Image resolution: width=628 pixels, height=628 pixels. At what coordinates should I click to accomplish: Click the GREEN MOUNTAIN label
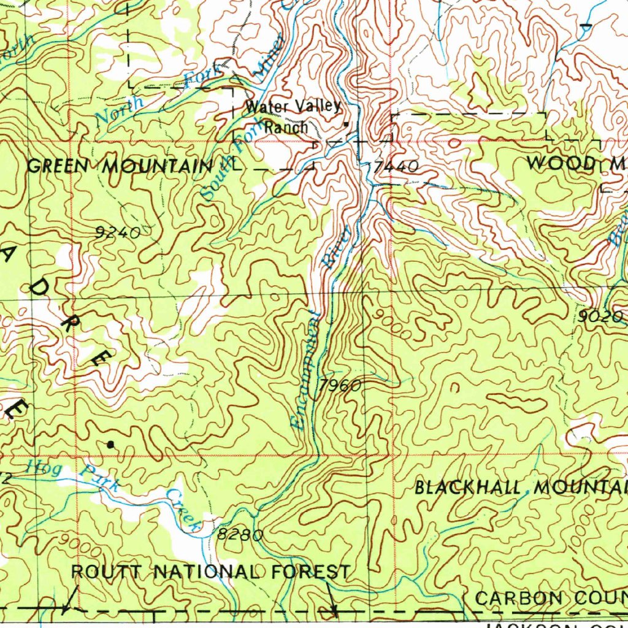tap(120, 166)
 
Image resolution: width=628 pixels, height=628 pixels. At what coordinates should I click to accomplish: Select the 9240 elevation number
tap(118, 232)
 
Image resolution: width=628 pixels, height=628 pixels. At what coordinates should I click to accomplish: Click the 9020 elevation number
tap(600, 316)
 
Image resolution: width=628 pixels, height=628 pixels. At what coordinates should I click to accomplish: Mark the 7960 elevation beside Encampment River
tap(339, 386)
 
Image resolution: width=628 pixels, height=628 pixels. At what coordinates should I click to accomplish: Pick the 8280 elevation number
tap(240, 535)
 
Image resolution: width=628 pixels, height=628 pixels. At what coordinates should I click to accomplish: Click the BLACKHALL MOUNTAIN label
tap(521, 488)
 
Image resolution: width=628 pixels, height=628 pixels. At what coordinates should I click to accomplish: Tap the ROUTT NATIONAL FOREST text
tap(211, 572)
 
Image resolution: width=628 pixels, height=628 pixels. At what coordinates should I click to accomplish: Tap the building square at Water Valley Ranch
tap(346, 124)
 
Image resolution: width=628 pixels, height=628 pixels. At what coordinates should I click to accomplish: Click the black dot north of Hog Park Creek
tap(110, 444)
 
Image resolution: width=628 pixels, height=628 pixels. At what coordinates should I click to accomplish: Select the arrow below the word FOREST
tap(334, 610)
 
